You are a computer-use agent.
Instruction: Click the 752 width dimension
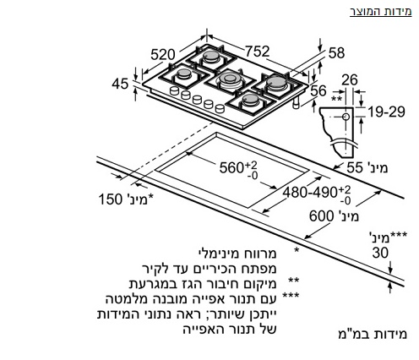pyautogui.click(x=257, y=52)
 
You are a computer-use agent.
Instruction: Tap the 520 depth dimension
pyautogui.click(x=163, y=54)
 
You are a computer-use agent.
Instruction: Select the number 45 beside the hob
pyautogui.click(x=120, y=84)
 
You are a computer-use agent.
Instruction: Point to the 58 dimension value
pyautogui.click(x=336, y=53)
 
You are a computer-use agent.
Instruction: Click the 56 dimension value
pyautogui.click(x=318, y=90)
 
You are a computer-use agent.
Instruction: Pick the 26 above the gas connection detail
pyautogui.click(x=350, y=79)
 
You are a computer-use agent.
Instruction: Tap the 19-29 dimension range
pyautogui.click(x=386, y=112)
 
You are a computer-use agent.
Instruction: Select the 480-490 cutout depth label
pyautogui.click(x=310, y=193)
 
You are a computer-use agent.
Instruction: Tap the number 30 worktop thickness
pyautogui.click(x=380, y=253)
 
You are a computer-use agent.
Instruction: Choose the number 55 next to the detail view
pyautogui.click(x=354, y=167)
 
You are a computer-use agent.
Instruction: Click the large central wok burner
pyautogui.click(x=230, y=79)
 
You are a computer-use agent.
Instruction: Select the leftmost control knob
pyautogui.click(x=175, y=90)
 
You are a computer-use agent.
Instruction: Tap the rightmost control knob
pyautogui.click(x=220, y=108)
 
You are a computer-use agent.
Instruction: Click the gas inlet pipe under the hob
pyautogui.click(x=296, y=103)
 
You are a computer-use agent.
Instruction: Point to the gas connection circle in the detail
pyautogui.click(x=346, y=117)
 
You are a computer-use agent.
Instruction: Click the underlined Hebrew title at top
pyautogui.click(x=381, y=12)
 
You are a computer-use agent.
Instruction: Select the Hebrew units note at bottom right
pyautogui.click(x=373, y=334)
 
